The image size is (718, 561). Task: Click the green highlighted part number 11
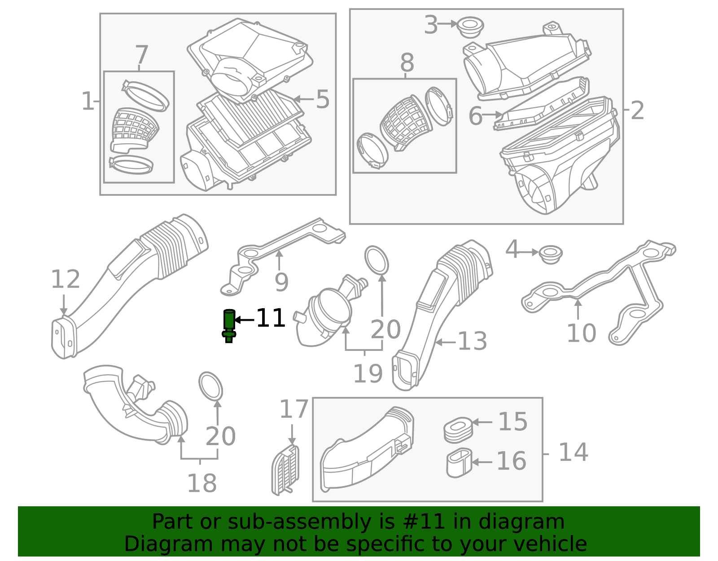click(x=229, y=326)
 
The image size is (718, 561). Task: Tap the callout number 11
click(x=271, y=318)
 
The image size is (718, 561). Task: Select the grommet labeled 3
click(x=471, y=27)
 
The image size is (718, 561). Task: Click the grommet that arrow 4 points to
click(x=551, y=254)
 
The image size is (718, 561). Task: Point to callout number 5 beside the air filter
click(x=323, y=99)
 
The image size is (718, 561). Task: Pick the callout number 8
click(x=407, y=62)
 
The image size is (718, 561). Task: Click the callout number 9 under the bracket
click(x=281, y=282)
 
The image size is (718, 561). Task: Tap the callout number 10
click(x=582, y=333)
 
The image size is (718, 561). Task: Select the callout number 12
click(x=66, y=279)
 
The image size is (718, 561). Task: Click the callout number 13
click(x=473, y=341)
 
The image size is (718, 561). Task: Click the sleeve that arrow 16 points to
click(x=459, y=463)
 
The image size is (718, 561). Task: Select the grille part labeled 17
click(x=285, y=470)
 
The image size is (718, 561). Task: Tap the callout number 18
click(x=202, y=483)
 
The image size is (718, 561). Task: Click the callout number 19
click(x=368, y=374)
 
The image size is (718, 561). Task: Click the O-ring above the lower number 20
click(x=211, y=386)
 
